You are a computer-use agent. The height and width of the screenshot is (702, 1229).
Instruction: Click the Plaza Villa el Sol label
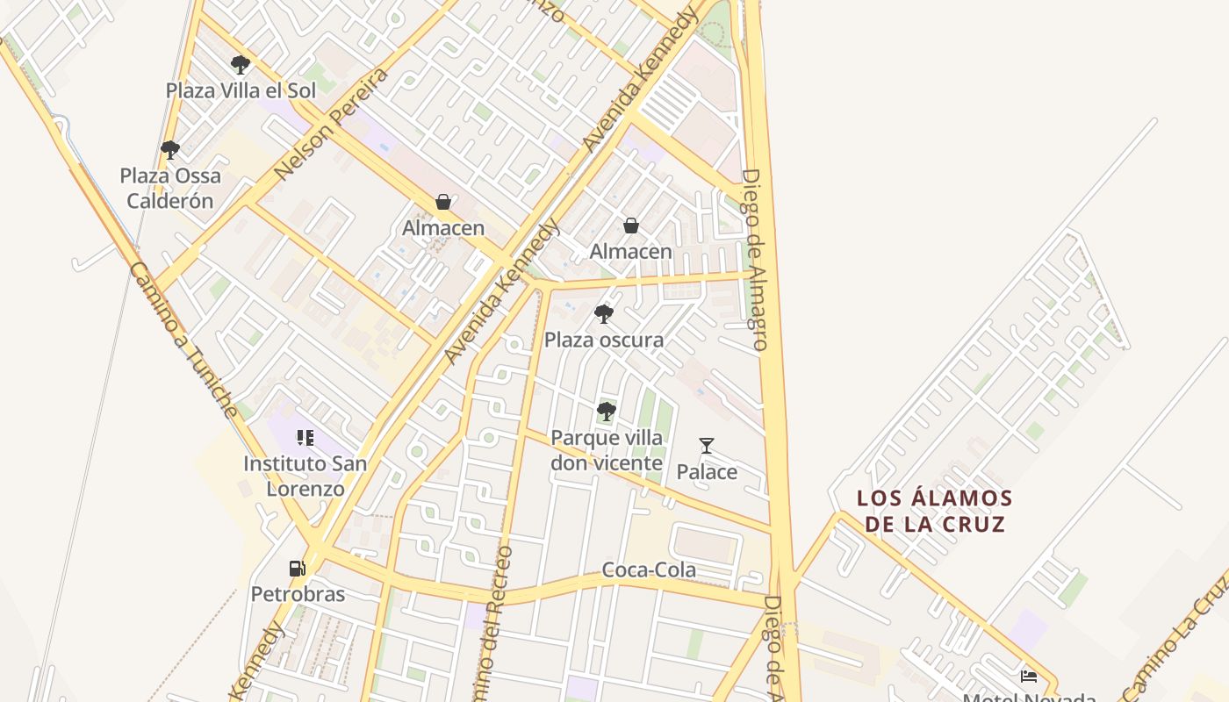241,90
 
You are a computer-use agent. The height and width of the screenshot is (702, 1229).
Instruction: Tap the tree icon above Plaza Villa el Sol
240,64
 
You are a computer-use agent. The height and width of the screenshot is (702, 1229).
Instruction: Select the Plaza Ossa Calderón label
170,188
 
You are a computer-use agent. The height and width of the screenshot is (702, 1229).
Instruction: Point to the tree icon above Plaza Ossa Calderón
170,150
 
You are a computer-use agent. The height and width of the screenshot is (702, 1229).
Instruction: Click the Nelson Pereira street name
331,124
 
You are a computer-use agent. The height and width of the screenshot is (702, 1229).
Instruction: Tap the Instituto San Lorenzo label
305,476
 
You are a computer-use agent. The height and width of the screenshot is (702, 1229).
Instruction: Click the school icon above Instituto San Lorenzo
305,437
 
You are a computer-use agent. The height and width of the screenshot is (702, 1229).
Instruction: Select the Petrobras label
298,594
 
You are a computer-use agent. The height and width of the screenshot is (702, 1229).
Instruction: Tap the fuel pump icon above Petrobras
298,569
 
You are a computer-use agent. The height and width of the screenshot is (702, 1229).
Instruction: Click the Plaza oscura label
604,340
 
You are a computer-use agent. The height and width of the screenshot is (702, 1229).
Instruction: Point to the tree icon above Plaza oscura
603,313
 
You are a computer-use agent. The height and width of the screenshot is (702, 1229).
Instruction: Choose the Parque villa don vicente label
607,450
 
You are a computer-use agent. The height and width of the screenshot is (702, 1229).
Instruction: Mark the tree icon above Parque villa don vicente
606,411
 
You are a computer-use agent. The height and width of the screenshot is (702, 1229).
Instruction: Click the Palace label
707,472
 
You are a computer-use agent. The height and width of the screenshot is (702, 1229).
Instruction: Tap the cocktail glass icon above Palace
707,446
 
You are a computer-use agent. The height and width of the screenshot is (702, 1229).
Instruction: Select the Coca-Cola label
649,569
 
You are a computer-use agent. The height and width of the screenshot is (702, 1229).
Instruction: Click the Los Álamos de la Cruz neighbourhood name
935,512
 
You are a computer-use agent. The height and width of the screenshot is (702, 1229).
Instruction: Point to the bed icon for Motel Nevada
1029,676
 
